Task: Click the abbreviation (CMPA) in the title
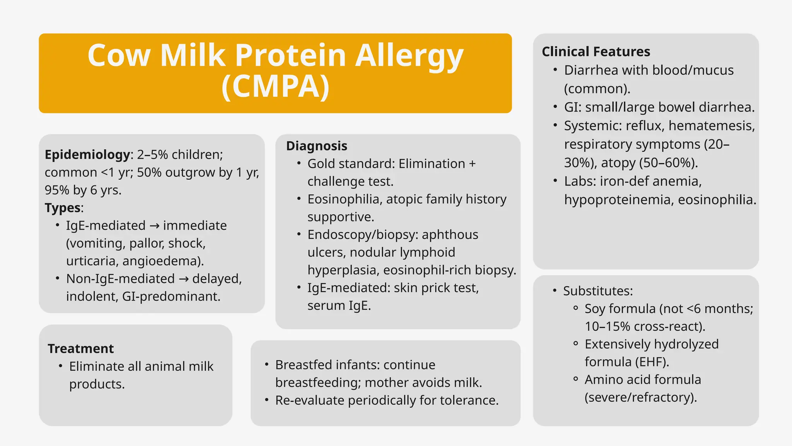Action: pos(275,87)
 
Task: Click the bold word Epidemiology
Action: pos(87,155)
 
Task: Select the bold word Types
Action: pos(63,208)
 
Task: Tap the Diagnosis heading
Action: pos(316,146)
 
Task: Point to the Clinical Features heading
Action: pos(596,51)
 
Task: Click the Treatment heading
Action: pos(80,349)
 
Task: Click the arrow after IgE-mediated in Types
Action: pos(154,226)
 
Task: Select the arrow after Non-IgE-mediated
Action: pos(183,279)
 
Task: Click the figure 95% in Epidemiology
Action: pos(57,190)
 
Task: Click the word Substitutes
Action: pos(597,291)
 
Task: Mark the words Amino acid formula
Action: pos(642,380)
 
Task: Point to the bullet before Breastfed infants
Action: pos(267,365)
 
